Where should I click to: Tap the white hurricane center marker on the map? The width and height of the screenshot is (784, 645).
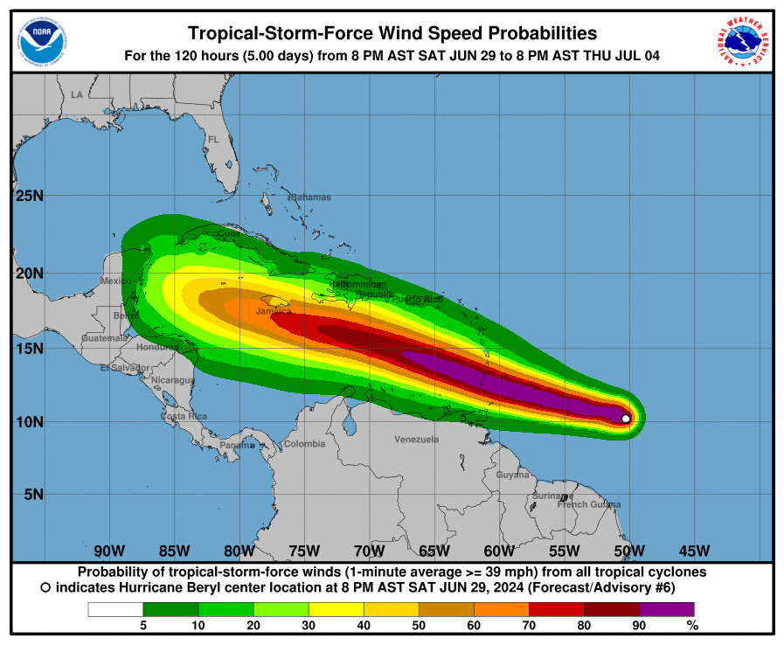[626, 419]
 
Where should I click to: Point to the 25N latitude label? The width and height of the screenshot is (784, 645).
[30, 195]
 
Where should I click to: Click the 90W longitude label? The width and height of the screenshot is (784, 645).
[109, 551]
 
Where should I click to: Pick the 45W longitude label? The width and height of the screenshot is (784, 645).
[694, 551]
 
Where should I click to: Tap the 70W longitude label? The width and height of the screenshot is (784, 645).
[369, 551]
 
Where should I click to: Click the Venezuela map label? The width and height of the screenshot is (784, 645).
[416, 439]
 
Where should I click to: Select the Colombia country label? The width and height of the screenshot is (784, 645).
[304, 444]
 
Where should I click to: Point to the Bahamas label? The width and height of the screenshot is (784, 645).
[311, 198]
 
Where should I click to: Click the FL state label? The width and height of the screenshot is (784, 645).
[212, 140]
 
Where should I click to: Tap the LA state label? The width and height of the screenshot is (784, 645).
[77, 94]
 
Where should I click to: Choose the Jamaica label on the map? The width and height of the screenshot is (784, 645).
[274, 311]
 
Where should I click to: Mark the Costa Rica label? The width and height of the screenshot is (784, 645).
[184, 416]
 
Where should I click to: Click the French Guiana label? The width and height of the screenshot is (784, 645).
[589, 504]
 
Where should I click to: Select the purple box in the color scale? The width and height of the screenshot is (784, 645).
[666, 609]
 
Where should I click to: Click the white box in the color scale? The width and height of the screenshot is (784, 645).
[115, 609]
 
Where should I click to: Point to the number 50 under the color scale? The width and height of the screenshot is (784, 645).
[419, 625]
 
